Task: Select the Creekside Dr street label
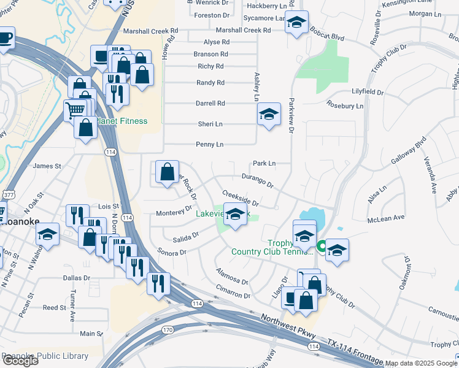tap(240, 197)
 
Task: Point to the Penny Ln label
tap(209, 144)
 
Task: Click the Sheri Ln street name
tap(209, 123)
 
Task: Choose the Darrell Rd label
tap(210, 103)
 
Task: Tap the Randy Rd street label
tap(210, 82)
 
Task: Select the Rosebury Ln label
tap(346, 105)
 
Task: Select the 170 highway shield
tap(167, 330)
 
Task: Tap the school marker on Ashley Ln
tap(269, 114)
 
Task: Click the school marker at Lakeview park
tap(234, 215)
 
